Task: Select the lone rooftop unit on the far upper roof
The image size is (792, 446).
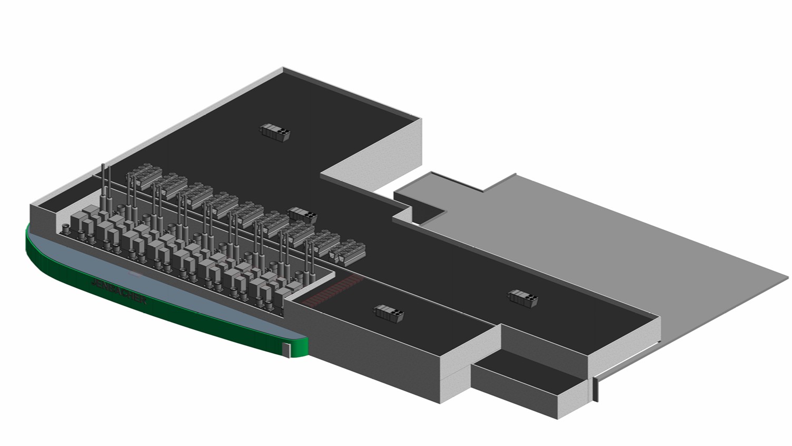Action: tap(276, 131)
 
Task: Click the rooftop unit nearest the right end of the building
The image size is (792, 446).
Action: tap(523, 298)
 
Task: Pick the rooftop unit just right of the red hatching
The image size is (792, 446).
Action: tap(389, 313)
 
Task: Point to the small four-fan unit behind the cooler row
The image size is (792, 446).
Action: tap(303, 214)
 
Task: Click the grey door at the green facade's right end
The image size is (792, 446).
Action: tap(287, 348)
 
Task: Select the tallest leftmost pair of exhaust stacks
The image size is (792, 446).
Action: tap(106, 185)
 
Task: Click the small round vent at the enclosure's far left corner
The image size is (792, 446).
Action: tap(66, 228)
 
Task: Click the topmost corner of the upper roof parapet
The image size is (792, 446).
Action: tap(283, 68)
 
